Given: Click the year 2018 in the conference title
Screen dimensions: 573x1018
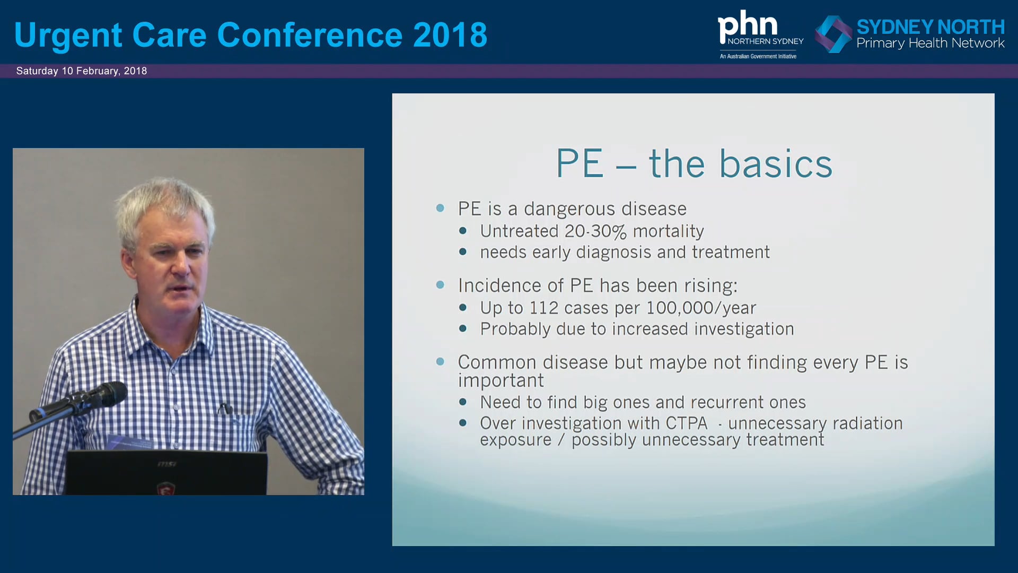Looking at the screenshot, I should click(x=450, y=35).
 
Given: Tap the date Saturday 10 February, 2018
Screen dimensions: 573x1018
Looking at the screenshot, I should click(x=82, y=71).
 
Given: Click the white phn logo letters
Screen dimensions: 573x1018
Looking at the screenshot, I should click(x=748, y=25).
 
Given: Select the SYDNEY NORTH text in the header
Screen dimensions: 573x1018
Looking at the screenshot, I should click(x=931, y=27).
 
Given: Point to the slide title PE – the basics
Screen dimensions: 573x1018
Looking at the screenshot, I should click(x=694, y=163).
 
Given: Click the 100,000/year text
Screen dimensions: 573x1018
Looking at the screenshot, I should click(x=701, y=308).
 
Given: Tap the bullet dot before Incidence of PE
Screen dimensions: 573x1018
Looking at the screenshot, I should click(x=440, y=285).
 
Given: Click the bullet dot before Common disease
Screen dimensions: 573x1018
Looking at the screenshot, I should click(x=440, y=362).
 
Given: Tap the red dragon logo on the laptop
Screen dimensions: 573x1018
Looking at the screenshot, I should click(x=166, y=488).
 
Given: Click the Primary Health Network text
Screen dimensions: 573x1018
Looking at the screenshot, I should click(x=931, y=44).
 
